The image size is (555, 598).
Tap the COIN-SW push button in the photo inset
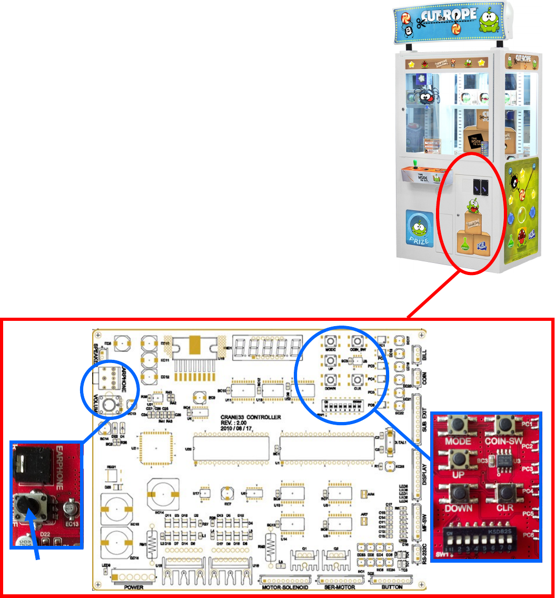[506, 424]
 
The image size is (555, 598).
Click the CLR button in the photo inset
[506, 494]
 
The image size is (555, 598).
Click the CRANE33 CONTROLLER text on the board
[250, 417]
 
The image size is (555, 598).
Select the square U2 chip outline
[156, 448]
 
